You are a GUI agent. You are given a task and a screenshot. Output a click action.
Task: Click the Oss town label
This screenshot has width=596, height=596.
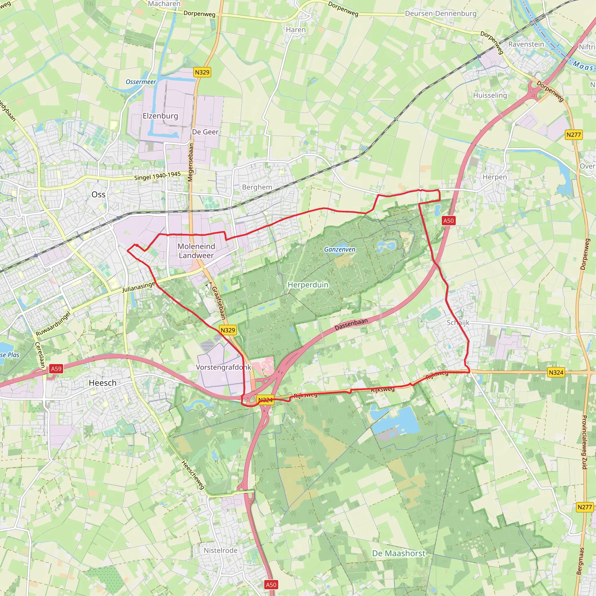pos(98,194)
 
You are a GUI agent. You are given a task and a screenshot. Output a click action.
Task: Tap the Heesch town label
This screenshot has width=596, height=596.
pos(102,383)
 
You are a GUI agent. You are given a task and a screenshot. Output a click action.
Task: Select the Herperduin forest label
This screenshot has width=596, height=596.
pos(308,284)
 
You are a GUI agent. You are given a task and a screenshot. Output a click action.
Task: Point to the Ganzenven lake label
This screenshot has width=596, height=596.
pos(340,249)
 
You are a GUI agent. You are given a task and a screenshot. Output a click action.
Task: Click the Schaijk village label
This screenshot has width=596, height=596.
pos(458,323)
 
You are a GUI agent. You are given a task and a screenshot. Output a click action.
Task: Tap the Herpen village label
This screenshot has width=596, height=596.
pos(494,177)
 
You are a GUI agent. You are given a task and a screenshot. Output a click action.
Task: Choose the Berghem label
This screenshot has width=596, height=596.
pos(257,187)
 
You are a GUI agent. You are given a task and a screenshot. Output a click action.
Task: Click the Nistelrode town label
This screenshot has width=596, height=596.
pos(220,550)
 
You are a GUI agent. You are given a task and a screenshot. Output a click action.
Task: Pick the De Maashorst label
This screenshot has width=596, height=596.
pos(399,553)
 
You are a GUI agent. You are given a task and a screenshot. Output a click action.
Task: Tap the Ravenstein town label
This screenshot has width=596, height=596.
pos(526,44)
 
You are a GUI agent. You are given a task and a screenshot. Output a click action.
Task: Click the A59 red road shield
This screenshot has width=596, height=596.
pos(56,369)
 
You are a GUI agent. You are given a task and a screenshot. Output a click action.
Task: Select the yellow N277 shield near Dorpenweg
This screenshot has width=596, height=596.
pos(574,135)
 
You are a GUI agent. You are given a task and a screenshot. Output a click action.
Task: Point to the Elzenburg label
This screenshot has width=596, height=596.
pos(160,116)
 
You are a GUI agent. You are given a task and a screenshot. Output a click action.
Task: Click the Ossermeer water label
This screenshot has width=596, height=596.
pos(141,82)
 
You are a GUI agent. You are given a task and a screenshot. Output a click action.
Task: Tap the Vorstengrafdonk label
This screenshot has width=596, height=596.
pos(223,367)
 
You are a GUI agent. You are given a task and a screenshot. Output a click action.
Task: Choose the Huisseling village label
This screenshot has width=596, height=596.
pos(490,95)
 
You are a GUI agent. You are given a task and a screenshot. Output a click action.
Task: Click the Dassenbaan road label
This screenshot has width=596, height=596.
pos(351,324)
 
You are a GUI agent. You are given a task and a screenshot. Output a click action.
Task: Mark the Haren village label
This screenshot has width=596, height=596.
pos(296,30)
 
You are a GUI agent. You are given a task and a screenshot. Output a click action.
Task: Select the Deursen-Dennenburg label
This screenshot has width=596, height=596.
pos(441,14)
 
